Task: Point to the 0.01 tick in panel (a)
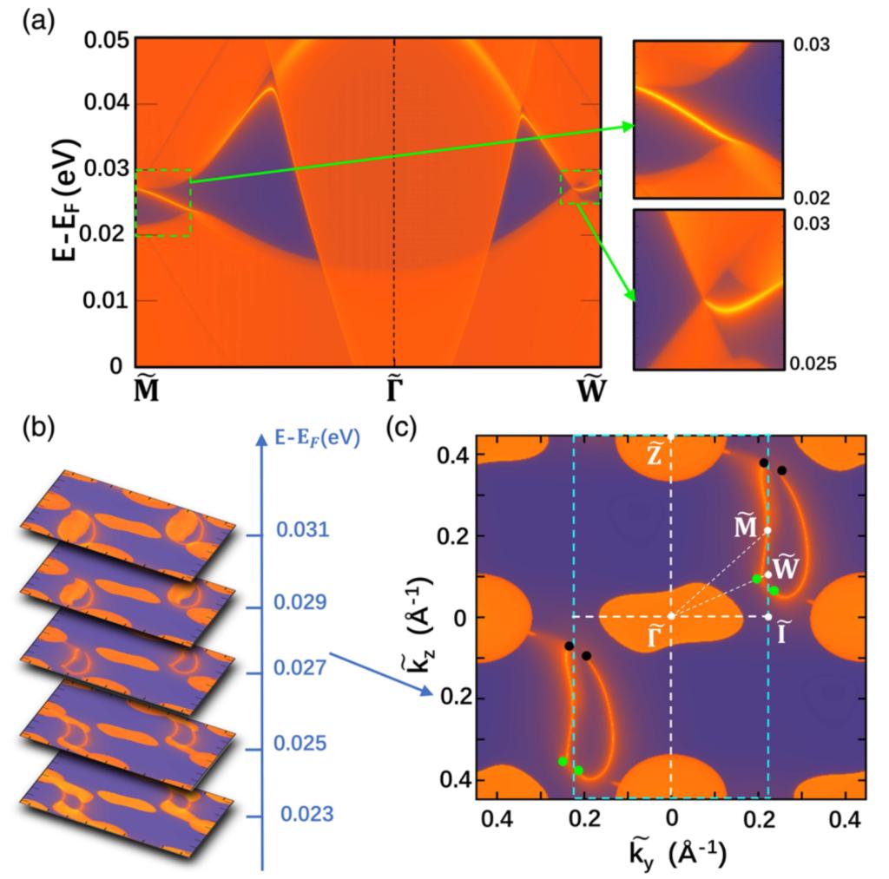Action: tap(106, 301)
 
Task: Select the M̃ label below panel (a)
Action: tap(146, 392)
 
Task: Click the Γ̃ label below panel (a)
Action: tap(394, 392)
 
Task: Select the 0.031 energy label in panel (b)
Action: tap(302, 528)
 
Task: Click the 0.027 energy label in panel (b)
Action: tap(302, 668)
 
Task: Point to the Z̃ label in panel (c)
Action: tap(655, 457)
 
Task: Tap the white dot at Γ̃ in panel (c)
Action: tap(671, 616)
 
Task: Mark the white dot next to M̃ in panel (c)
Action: tap(767, 530)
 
